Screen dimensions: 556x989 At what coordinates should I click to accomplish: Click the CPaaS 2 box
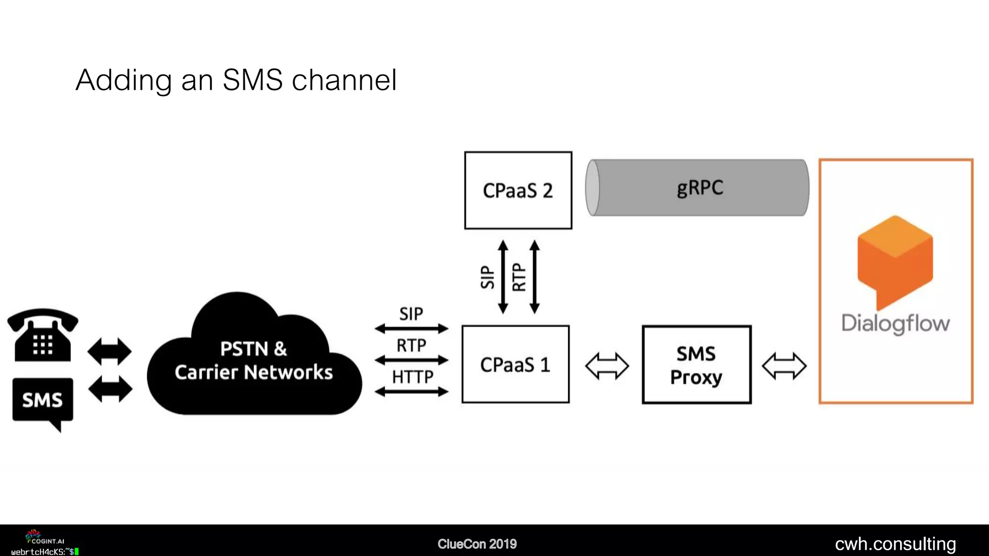coord(518,190)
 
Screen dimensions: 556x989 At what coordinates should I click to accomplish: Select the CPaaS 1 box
coord(515,364)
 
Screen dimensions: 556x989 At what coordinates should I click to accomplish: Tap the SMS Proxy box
coord(696,365)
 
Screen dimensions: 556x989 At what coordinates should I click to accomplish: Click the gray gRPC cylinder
coord(698,188)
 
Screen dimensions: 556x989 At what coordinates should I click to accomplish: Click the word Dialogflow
coord(895,323)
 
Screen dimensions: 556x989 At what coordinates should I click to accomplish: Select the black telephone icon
coord(42,335)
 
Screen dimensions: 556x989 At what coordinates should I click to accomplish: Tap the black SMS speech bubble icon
coord(42,400)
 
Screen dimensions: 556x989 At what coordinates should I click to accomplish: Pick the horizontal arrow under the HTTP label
coord(411,392)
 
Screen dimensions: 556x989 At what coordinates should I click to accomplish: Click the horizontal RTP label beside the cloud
coord(411,346)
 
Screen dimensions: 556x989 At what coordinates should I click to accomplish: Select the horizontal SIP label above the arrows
coord(411,314)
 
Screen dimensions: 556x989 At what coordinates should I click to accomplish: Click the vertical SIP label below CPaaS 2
coord(488,277)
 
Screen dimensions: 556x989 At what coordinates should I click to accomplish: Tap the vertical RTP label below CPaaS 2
coord(519,277)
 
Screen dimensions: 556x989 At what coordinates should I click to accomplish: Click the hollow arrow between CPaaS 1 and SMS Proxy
coord(607,366)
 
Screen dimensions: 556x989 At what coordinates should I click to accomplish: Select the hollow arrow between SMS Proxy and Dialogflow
coord(784,366)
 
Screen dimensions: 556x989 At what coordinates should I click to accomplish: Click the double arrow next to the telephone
coord(110,351)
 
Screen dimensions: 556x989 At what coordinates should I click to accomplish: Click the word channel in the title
coord(344,80)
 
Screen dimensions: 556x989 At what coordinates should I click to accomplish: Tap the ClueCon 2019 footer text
coord(477,544)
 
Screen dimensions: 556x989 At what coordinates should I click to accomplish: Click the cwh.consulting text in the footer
coord(895,544)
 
